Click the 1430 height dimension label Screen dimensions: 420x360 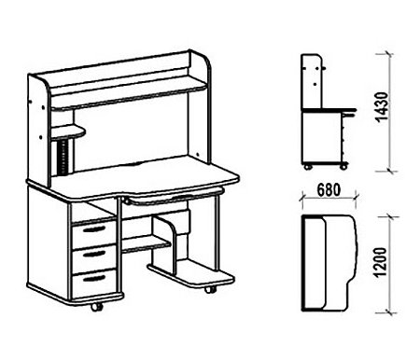(x=383, y=106)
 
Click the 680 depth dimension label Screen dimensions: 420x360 (x=329, y=190)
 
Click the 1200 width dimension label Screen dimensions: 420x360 (x=381, y=262)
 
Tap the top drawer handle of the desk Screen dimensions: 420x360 (x=94, y=229)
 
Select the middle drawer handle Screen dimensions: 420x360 (x=94, y=254)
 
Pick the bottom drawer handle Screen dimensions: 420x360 (x=94, y=278)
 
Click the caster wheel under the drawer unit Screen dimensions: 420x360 (x=97, y=307)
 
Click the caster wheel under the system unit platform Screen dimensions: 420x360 (x=210, y=289)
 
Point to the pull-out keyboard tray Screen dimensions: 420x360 (x=175, y=197)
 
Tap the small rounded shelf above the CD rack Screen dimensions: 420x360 (x=68, y=132)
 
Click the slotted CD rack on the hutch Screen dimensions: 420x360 (x=64, y=158)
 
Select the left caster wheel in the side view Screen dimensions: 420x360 (x=308, y=167)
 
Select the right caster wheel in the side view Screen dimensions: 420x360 (x=343, y=167)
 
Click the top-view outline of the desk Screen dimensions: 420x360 (x=329, y=263)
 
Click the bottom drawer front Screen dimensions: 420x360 (x=94, y=283)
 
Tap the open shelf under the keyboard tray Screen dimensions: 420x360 (x=146, y=244)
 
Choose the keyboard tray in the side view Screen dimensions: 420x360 (x=349, y=115)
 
